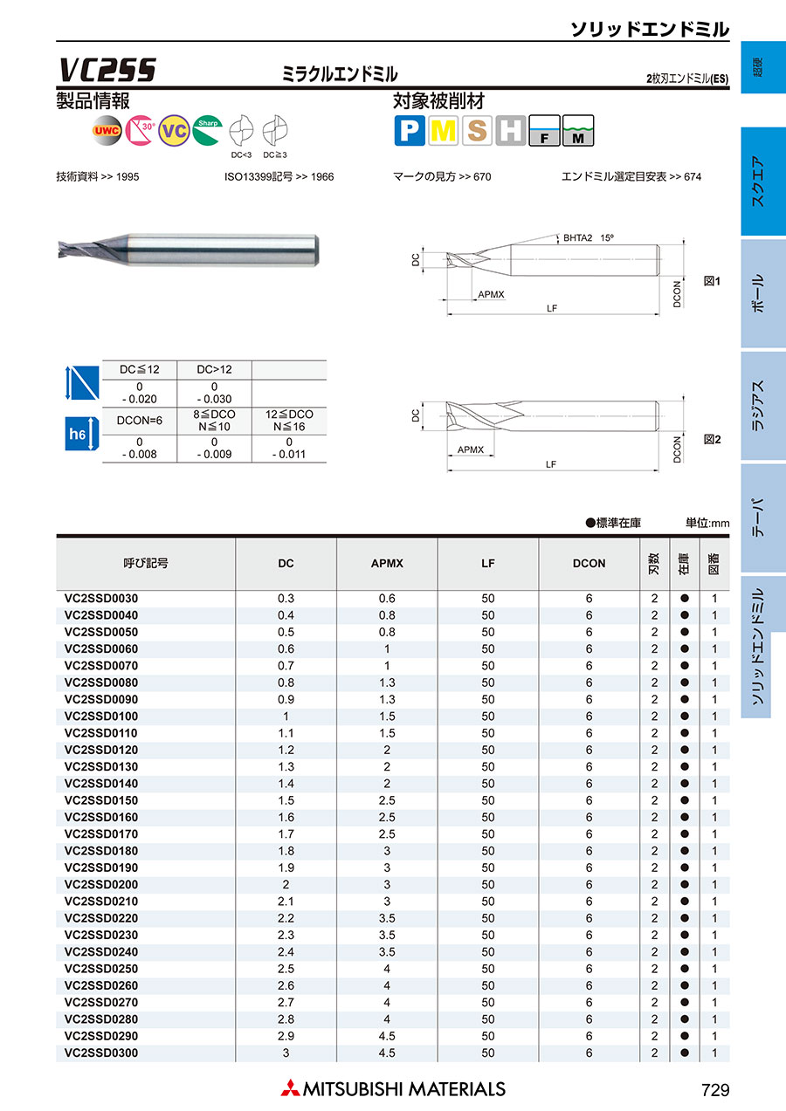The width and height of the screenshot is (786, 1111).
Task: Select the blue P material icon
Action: [410, 131]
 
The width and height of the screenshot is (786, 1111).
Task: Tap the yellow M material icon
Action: [444, 131]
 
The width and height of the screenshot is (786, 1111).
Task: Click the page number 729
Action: [714, 1089]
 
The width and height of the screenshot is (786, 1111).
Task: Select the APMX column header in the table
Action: [387, 564]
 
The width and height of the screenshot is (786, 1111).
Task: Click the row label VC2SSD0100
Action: [101, 717]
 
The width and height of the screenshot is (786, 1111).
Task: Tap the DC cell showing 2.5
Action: [286, 970]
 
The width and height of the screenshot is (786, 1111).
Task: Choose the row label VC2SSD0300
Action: [101, 1053]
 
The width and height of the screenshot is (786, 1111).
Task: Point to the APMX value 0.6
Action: [387, 599]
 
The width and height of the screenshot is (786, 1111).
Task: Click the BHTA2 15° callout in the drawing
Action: [589, 237]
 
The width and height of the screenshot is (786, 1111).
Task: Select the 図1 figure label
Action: [712, 281]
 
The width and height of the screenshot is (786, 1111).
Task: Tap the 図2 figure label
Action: [712, 441]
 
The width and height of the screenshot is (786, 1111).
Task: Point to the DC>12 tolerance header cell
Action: [214, 370]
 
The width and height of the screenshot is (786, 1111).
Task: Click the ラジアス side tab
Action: [758, 406]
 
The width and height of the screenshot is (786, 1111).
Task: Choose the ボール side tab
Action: [758, 293]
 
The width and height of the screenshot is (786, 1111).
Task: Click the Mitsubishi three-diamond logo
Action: [289, 1088]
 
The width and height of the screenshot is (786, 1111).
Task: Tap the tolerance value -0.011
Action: [289, 454]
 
